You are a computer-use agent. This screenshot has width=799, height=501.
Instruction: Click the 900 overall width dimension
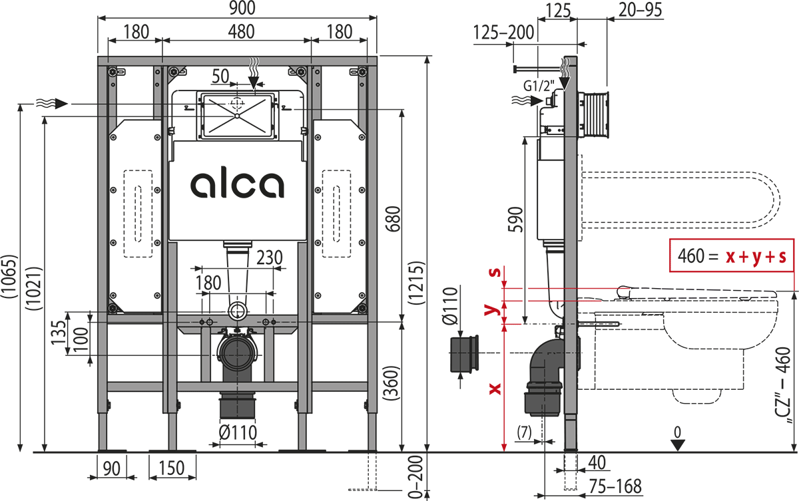point(242,8)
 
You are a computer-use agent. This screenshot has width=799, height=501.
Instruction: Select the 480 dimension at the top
point(242,31)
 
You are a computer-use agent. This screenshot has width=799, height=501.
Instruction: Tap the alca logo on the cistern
point(237,184)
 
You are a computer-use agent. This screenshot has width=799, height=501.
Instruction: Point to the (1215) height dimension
point(417,283)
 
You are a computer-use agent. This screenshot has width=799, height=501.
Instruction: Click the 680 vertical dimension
point(394,219)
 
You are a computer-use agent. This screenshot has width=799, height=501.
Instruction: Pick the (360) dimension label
point(392,383)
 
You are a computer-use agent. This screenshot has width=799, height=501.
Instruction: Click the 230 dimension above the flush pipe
point(269,257)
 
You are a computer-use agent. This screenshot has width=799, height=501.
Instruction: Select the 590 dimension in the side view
point(516,219)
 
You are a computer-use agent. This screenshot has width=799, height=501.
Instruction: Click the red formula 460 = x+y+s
point(732,256)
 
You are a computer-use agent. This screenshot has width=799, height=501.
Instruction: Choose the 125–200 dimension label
point(503,33)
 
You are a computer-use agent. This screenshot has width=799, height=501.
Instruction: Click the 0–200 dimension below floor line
point(416,476)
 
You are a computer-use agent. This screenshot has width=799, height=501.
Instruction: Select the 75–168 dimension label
point(615,486)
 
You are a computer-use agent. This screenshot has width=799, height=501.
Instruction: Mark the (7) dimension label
point(525,432)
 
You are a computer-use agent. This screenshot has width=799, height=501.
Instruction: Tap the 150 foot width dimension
point(172,468)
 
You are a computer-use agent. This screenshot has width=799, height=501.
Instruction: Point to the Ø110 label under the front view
point(238,433)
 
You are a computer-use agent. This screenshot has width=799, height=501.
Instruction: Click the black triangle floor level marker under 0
point(677,445)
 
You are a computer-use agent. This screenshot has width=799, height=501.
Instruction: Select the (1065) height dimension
point(9,277)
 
